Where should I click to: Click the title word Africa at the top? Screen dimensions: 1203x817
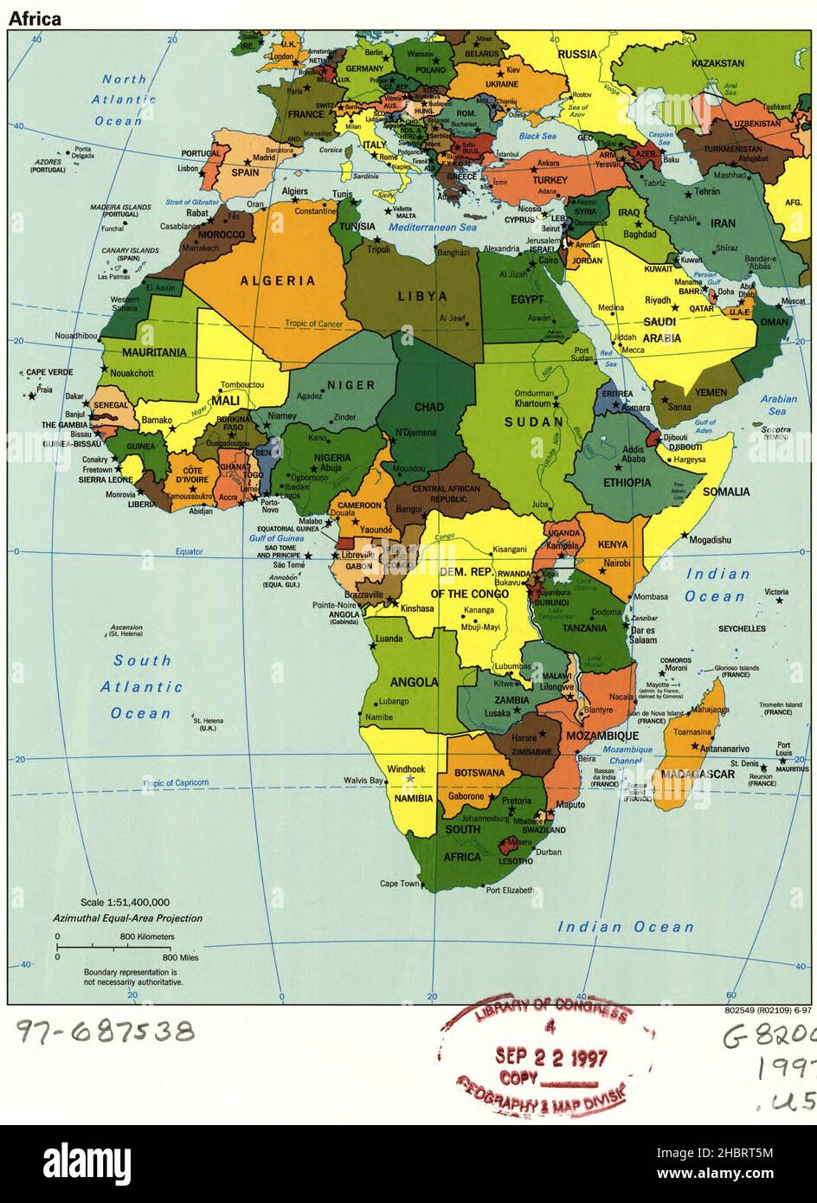click(35, 18)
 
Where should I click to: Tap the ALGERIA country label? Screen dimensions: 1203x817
click(277, 280)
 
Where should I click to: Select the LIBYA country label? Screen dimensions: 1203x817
click(422, 296)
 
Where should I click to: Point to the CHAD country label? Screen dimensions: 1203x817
click(429, 407)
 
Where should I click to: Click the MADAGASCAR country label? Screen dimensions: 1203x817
click(698, 774)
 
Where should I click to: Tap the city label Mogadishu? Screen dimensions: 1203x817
click(711, 540)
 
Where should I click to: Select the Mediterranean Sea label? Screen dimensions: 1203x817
click(432, 228)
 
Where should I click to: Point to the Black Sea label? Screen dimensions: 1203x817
click(537, 136)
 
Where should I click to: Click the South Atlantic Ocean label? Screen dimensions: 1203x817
click(142, 687)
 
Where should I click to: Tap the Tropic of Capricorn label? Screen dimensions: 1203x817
click(176, 782)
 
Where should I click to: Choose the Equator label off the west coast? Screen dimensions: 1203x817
click(189, 551)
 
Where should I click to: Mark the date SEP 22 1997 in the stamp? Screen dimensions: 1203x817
click(551, 1057)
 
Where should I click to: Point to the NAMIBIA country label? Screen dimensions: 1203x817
click(413, 798)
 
